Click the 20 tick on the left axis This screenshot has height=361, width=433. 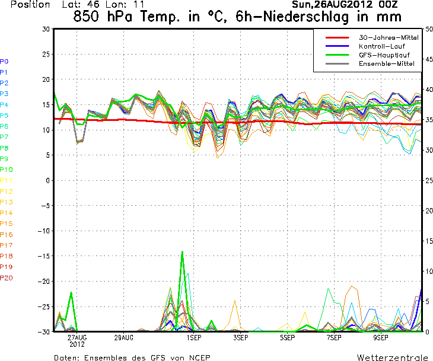[45, 79]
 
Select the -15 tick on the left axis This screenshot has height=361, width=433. [43, 256]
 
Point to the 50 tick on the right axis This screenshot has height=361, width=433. [428, 29]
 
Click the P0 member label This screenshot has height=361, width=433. [4, 61]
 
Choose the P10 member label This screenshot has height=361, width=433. [6, 170]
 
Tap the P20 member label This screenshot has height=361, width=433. [6, 277]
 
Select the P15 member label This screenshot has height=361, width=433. [6, 223]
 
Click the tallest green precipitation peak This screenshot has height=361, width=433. [182, 252]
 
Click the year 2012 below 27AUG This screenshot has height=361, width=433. [77, 344]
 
